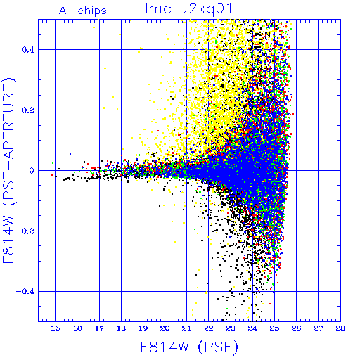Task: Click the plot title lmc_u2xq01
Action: (x=188, y=9)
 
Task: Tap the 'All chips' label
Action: (x=83, y=11)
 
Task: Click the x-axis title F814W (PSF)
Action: (x=189, y=347)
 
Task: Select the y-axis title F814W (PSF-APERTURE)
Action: (x=9, y=170)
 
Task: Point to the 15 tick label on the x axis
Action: (x=56, y=328)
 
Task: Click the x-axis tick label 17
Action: (x=99, y=328)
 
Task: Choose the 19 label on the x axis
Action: (x=143, y=328)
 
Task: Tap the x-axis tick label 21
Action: (x=187, y=328)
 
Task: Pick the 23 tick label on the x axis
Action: (x=231, y=328)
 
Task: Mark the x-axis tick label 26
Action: (x=296, y=328)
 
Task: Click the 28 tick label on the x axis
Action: (x=340, y=328)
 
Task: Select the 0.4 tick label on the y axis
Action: (x=28, y=50)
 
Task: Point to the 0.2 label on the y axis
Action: (x=28, y=110)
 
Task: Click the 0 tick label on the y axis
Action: (x=32, y=171)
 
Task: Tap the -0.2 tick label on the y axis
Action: (x=25, y=231)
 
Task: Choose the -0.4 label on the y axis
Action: (x=25, y=292)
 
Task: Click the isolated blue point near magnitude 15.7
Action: (x=70, y=154)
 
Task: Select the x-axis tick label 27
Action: (x=318, y=328)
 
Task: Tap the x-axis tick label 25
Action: (x=274, y=328)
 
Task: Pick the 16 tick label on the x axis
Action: (x=77, y=328)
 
